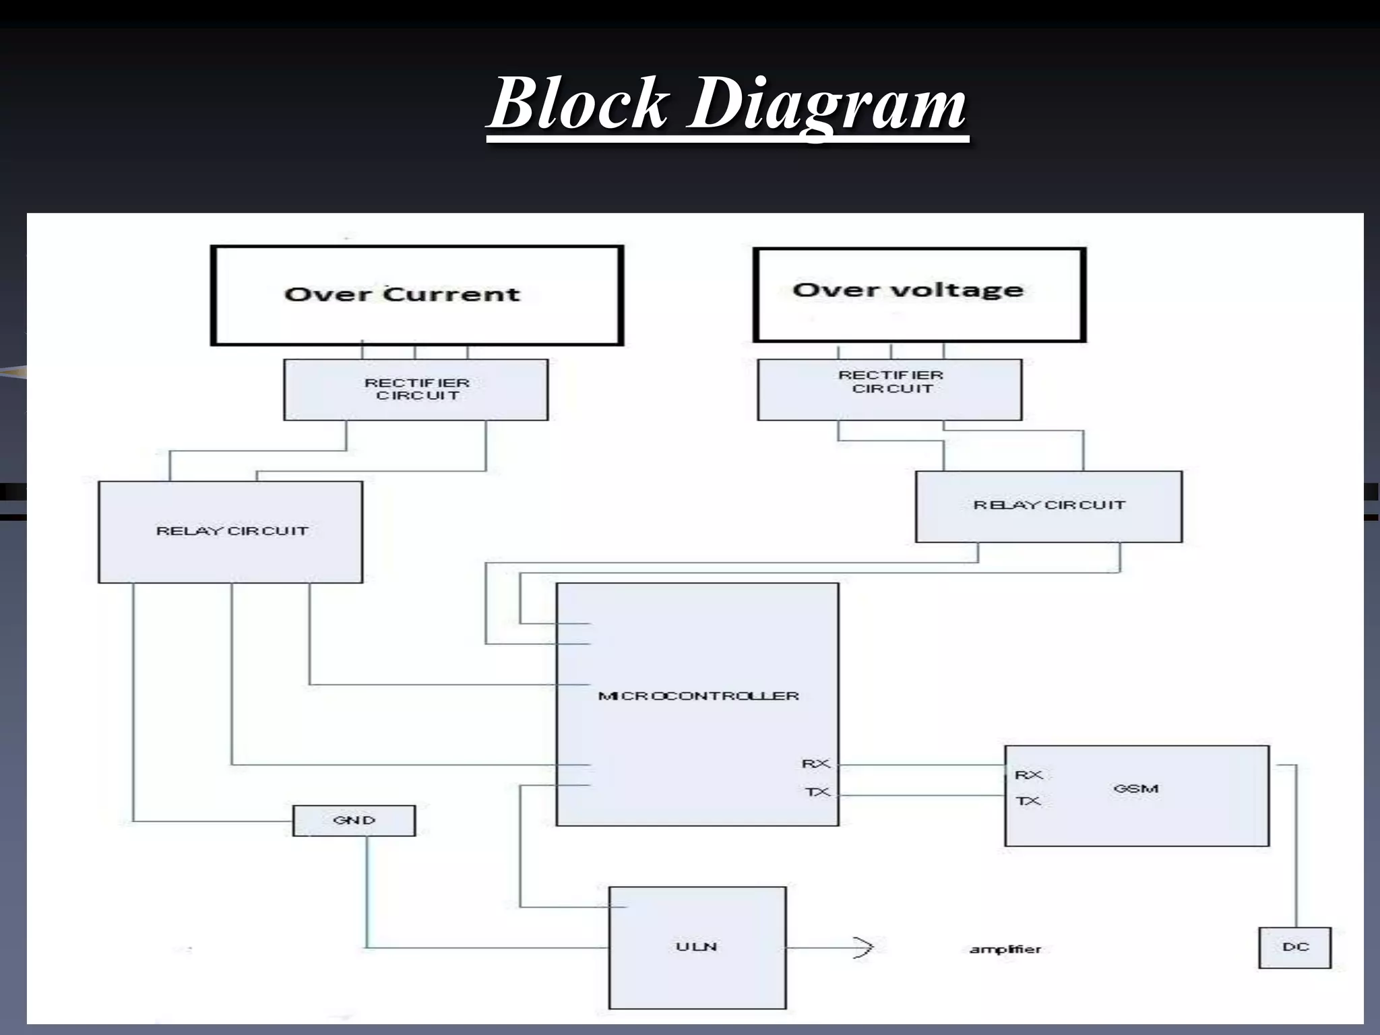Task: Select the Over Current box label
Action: coord(402,294)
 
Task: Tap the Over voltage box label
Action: coord(908,290)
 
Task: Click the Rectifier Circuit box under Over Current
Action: coord(416,389)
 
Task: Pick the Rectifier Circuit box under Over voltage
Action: coord(889,389)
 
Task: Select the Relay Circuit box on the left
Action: coord(231,531)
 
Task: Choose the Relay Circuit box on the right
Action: coord(1048,505)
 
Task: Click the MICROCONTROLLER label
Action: coord(698,695)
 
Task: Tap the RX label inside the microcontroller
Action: coord(816,763)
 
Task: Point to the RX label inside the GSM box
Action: coord(1028,775)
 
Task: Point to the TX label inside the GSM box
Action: coord(1028,801)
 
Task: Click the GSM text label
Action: coord(1135,788)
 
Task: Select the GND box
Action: coord(354,820)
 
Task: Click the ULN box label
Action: coord(696,947)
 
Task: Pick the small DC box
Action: coord(1294,947)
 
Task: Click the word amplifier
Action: coord(1005,949)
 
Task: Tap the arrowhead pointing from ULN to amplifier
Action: coord(865,948)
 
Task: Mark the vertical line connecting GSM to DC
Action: coord(1296,849)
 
